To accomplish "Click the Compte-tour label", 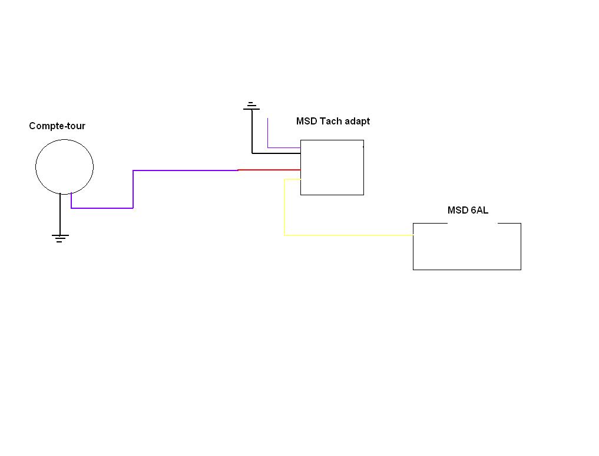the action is click(57, 126).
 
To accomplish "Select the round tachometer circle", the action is click(35, 167).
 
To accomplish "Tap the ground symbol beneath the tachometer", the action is click(60, 238).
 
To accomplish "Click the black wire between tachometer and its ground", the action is click(60, 214).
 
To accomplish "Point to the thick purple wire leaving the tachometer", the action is click(133, 189).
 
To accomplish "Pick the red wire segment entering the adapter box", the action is click(269, 170).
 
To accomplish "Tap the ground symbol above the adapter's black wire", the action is click(251, 106).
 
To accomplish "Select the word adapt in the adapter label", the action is click(357, 122).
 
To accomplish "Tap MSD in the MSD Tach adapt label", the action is click(307, 122).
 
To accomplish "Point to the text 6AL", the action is click(479, 210).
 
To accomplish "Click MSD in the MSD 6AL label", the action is click(458, 210).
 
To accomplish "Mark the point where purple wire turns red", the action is click(239, 170).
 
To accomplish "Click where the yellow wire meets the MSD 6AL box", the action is click(413, 235).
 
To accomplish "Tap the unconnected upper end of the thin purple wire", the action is click(267, 118).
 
